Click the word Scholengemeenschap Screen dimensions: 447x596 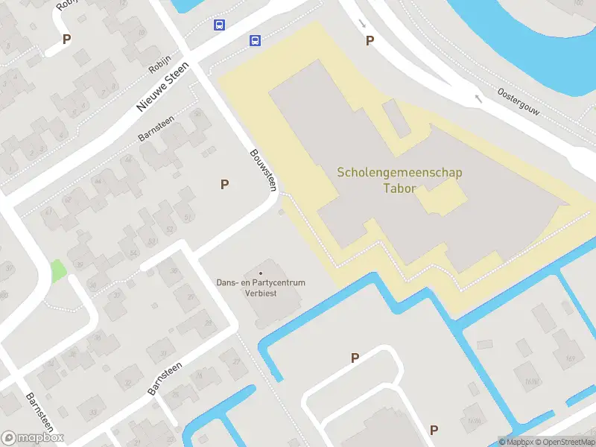[399, 173]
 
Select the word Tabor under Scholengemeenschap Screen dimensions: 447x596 [399, 188]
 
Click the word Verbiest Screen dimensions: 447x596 [260, 293]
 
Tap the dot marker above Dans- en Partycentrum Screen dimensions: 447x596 [260, 273]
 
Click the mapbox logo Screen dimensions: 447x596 [33, 438]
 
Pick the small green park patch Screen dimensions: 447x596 [57, 270]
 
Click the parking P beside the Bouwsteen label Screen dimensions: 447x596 [224, 185]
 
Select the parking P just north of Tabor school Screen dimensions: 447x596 [370, 41]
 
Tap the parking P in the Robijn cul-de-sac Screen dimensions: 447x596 [67, 39]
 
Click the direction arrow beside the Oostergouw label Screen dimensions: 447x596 [478, 98]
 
